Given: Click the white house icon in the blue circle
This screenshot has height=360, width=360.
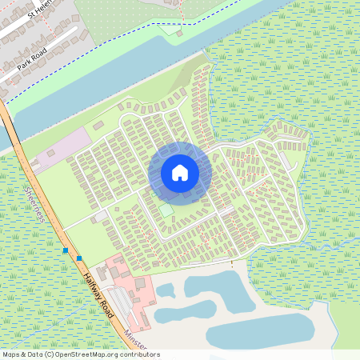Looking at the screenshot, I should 180,172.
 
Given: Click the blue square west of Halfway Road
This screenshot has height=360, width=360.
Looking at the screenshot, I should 65,250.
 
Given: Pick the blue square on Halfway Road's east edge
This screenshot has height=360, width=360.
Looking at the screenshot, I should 79,258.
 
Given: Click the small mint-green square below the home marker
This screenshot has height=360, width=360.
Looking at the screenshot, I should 166,210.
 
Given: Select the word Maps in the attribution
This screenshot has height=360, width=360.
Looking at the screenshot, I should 12,354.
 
